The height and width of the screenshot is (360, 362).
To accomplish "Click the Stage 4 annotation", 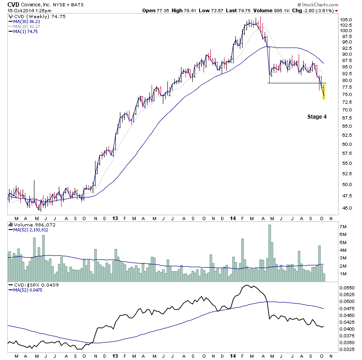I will click(317, 117).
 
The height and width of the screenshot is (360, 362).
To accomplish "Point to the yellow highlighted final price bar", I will click(324, 91).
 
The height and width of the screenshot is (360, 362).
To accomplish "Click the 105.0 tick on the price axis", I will click(347, 19).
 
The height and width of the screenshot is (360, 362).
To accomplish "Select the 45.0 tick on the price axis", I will click(345, 208).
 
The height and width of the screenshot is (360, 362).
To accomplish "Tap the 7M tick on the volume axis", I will click(344, 226).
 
